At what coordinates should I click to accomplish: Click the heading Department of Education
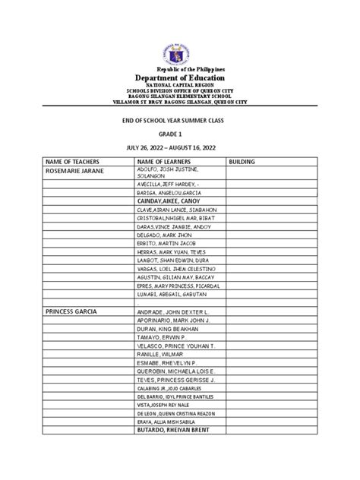click(x=180, y=81)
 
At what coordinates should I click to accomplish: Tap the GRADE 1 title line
click(x=180, y=131)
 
